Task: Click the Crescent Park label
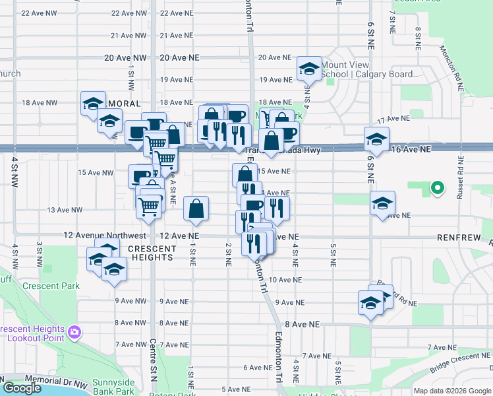(51, 286)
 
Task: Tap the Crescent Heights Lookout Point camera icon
(74, 330)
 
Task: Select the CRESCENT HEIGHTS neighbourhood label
(152, 253)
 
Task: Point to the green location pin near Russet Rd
(436, 189)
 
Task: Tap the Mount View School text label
(370, 70)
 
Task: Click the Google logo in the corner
(22, 388)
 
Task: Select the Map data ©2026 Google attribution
(452, 391)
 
